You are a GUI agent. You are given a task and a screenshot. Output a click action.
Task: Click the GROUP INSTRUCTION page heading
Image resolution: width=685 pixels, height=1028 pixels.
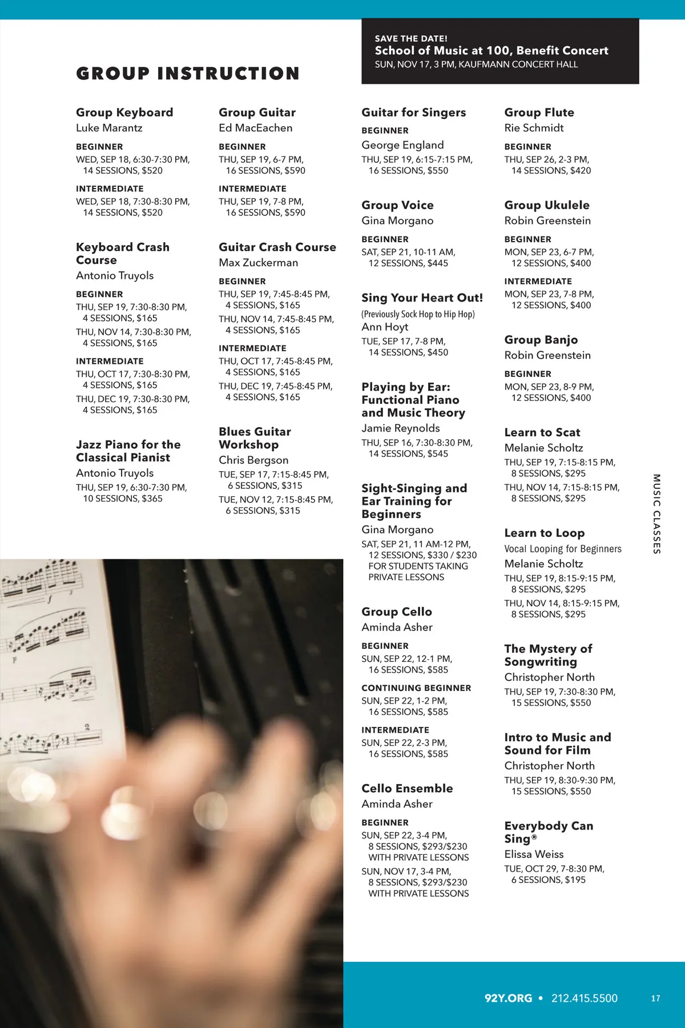coord(188,74)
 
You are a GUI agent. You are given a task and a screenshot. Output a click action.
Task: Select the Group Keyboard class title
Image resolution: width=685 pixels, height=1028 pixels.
coord(124,113)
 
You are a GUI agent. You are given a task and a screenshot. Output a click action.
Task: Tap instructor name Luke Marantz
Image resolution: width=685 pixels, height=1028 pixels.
coord(109,128)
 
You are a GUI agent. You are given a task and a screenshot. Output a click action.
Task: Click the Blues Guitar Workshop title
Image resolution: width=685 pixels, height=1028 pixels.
coord(255,438)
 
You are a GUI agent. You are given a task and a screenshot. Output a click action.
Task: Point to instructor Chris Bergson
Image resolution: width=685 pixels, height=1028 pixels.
coord(253,460)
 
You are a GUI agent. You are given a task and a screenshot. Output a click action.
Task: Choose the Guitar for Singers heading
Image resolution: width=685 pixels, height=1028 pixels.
coord(413,113)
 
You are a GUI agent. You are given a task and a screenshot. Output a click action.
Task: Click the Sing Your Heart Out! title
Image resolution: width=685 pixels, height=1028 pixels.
coord(422,298)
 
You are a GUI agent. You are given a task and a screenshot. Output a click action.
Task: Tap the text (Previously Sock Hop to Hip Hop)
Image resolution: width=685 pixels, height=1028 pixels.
coord(418,314)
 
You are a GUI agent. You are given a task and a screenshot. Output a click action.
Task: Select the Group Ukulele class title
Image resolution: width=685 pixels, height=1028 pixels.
coord(546,205)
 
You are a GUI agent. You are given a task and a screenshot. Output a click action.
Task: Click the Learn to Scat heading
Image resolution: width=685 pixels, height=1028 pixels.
coord(542,432)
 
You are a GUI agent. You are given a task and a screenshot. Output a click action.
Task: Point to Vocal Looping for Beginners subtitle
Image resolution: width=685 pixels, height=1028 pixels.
coord(562,549)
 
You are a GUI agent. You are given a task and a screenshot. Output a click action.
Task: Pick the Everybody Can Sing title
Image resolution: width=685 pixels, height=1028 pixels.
coord(548,832)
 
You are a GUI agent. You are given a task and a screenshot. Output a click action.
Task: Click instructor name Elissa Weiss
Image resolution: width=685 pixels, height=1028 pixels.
coord(534,854)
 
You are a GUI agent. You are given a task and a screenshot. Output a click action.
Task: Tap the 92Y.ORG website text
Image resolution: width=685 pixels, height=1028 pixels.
coord(508,998)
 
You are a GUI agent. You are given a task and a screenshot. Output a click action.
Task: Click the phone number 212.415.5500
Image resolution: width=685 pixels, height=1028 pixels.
coord(584,998)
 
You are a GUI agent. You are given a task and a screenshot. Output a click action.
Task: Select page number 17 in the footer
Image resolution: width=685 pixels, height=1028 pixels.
coord(655,998)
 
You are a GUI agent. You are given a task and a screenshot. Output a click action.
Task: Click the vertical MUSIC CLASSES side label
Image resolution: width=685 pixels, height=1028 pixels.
coord(656,513)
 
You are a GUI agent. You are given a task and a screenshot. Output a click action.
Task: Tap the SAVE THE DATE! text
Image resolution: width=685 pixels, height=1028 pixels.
coord(411,39)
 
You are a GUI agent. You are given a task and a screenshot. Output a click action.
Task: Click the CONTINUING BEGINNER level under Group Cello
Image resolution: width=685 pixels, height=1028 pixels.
coord(416,688)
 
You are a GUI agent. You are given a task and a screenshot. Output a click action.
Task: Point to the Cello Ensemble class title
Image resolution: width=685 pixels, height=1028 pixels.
coord(407,789)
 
